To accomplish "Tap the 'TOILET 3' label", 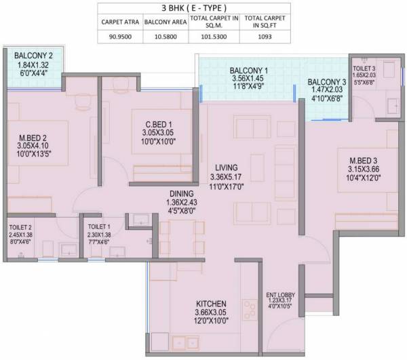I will (364, 69).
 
